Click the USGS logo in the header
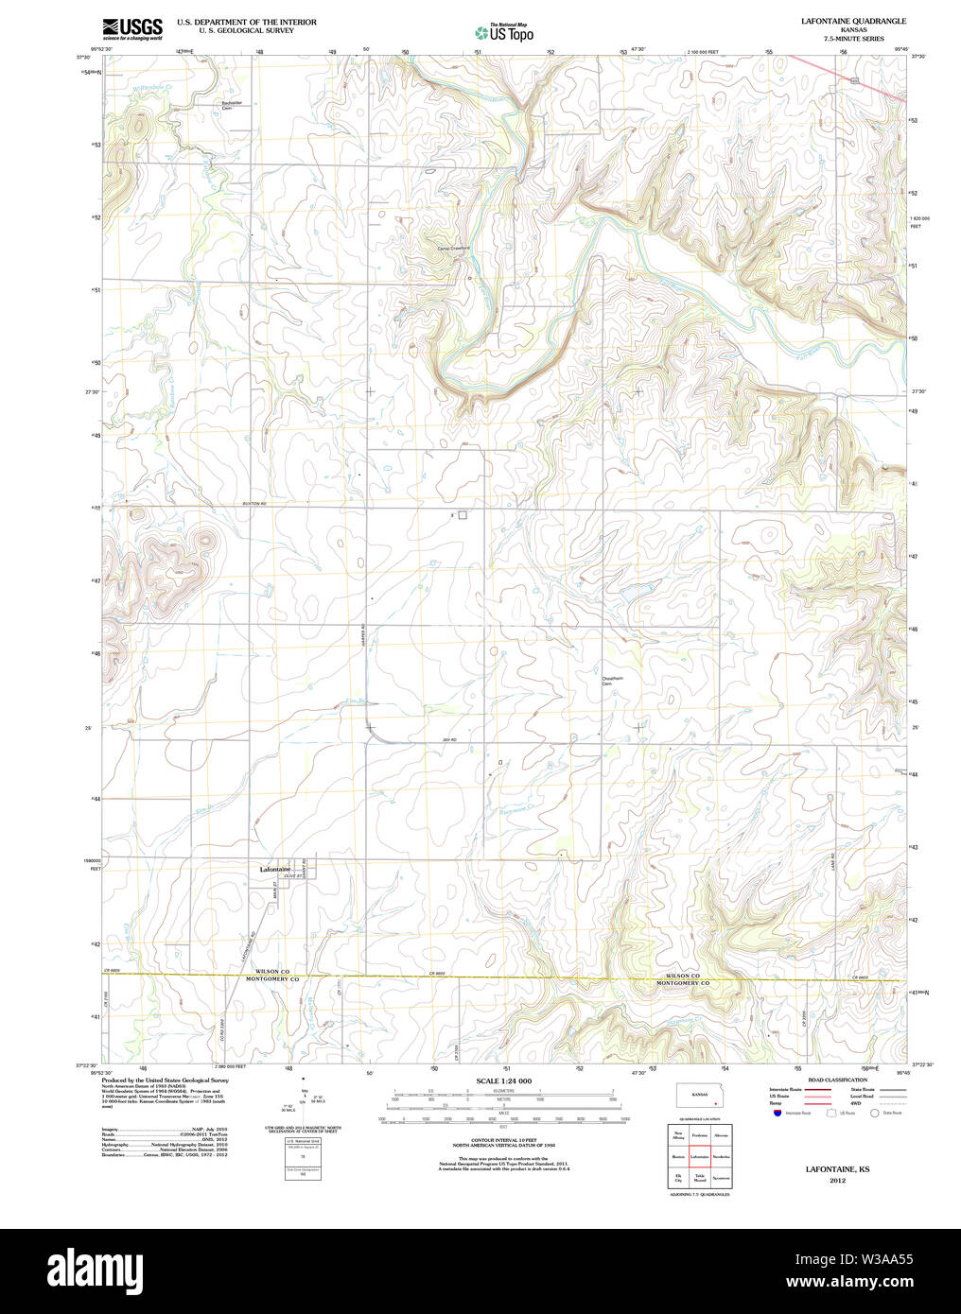[x=132, y=28]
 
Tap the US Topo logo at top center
[x=504, y=32]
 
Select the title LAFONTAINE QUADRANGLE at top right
[x=853, y=21]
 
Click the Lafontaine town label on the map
[x=275, y=869]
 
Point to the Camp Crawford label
[x=453, y=249]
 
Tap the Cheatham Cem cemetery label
[x=614, y=681]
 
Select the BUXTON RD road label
[x=255, y=504]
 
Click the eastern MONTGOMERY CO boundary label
[x=683, y=983]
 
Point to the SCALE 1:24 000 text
[x=503, y=1081]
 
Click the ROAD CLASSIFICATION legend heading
[x=837, y=1080]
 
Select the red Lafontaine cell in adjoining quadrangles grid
[x=700, y=1156]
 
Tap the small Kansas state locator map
[x=700, y=1097]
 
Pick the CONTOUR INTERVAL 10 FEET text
[x=503, y=1140]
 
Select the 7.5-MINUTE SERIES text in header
[x=853, y=39]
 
